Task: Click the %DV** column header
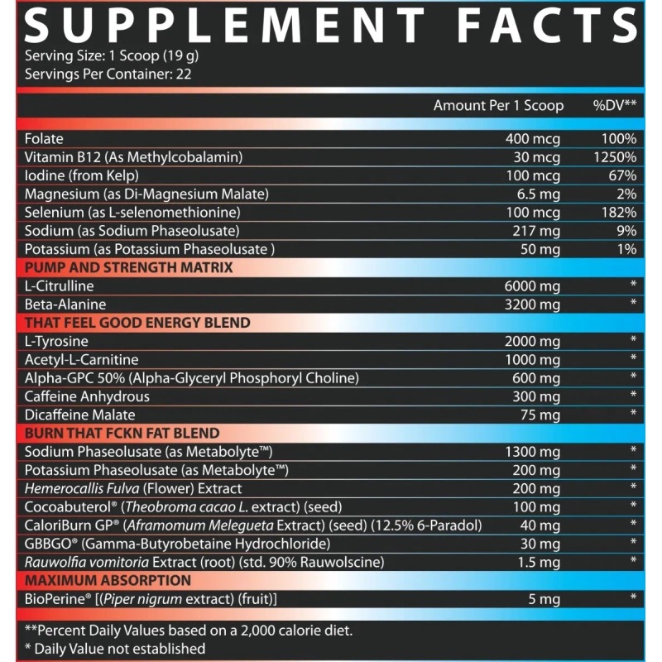pyautogui.click(x=614, y=106)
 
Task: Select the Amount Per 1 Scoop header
pyautogui.click(x=498, y=106)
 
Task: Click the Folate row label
pyautogui.click(x=44, y=139)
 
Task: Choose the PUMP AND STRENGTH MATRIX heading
pyautogui.click(x=128, y=267)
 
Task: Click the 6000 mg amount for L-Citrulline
pyautogui.click(x=532, y=285)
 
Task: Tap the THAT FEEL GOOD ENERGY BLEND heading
pyautogui.click(x=137, y=323)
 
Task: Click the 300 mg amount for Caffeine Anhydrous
pyautogui.click(x=535, y=396)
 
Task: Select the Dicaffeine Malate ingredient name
pyautogui.click(x=79, y=415)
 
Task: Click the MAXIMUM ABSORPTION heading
pyautogui.click(x=108, y=580)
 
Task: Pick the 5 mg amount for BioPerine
pyautogui.click(x=543, y=599)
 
